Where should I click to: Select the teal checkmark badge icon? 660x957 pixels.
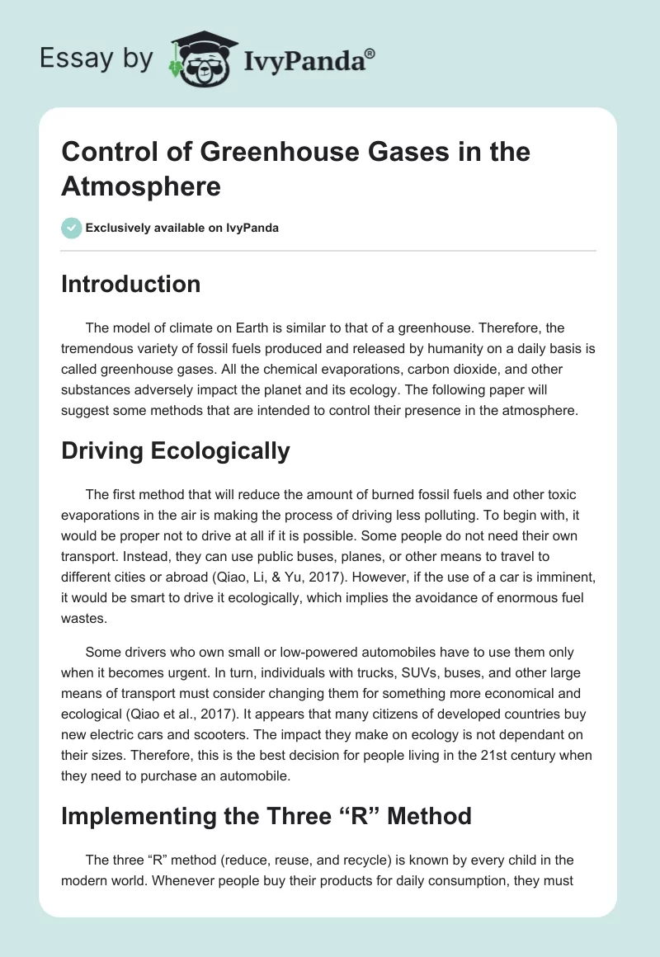(72, 228)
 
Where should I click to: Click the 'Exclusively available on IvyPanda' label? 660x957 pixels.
(182, 228)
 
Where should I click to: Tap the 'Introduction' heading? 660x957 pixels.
(131, 284)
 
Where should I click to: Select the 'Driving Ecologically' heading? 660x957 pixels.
(176, 450)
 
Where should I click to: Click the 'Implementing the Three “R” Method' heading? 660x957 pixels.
(266, 816)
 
